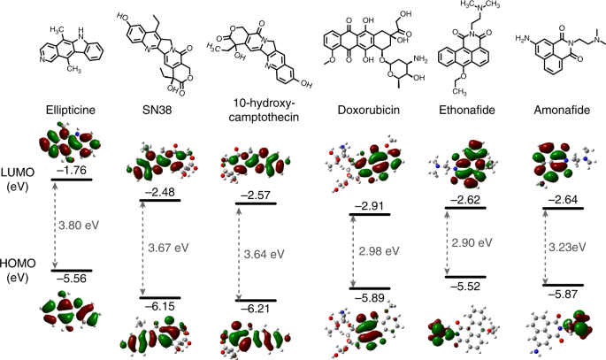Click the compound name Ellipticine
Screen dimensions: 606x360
71,110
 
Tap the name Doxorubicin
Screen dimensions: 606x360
369,110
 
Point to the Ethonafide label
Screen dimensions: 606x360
467,110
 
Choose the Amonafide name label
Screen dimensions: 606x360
562,110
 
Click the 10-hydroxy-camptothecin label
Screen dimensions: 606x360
264,110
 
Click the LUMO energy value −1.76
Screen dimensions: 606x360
72,171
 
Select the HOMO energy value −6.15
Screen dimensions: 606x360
159,307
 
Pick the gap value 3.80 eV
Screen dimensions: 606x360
79,226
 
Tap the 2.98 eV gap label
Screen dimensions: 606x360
379,251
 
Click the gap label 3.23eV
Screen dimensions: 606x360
567,247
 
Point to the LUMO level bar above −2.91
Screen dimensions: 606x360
370,214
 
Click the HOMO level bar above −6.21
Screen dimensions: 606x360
256,300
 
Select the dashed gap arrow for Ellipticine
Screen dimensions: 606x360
55,226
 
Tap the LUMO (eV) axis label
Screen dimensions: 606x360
18,180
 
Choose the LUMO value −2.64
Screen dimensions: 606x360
562,200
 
